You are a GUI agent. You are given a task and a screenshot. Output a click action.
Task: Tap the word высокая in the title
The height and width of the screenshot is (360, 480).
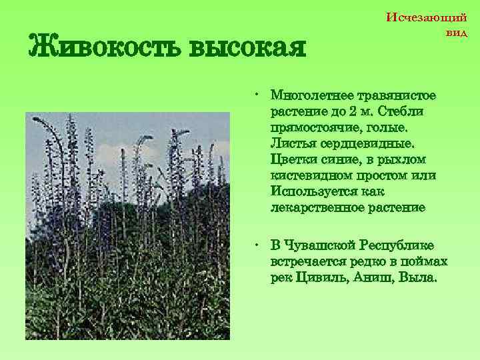pyautogui.click(x=247, y=47)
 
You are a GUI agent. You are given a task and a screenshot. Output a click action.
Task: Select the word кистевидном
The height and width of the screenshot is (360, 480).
pyautogui.click(x=309, y=175)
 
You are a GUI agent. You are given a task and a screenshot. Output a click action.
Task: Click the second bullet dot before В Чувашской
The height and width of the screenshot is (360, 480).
pyautogui.click(x=257, y=243)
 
